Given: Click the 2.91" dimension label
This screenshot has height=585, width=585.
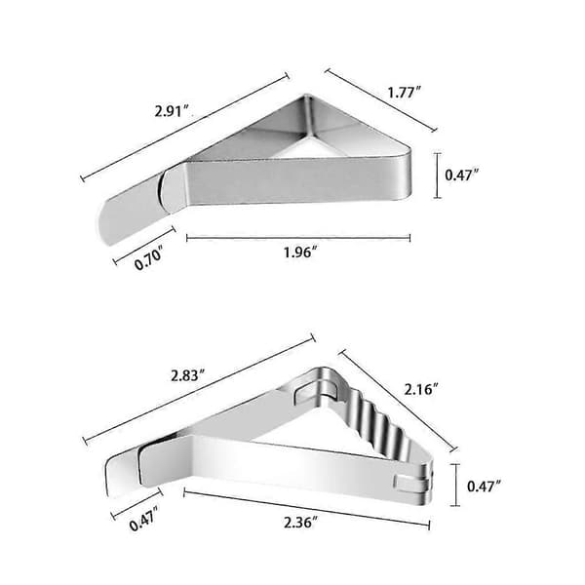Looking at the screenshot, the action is tap(172, 111).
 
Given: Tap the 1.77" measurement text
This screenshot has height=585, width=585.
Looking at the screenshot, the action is tap(404, 93).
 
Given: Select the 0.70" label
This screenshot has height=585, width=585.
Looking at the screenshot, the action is tap(148, 257).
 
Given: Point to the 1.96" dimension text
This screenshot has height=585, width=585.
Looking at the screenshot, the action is tap(300, 253).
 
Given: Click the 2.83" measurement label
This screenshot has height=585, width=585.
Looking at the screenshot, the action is tap(188, 375).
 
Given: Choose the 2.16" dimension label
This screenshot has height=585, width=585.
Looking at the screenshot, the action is tap(421, 389).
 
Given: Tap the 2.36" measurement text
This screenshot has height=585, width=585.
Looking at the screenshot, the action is tap(300, 523).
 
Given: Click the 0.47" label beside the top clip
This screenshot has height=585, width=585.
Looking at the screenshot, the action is tap(462, 175).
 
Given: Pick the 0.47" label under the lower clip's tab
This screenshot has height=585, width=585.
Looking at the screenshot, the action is tap(144, 519).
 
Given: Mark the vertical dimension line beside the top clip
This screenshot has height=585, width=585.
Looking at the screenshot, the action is tap(438, 175).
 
